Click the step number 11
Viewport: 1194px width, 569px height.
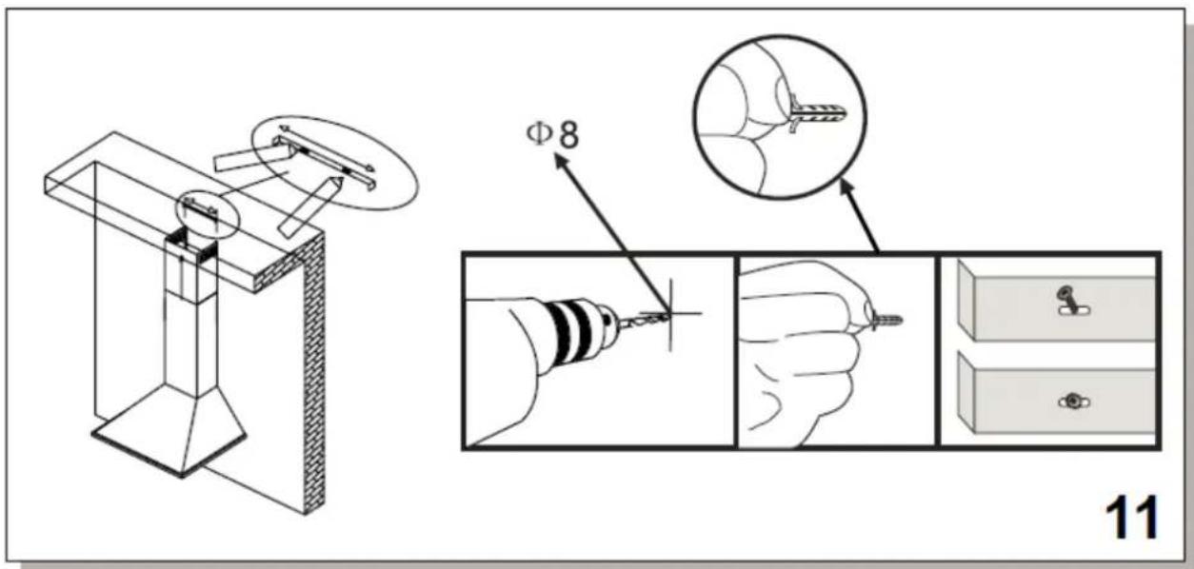point(1132,519)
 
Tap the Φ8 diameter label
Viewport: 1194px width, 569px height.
point(552,134)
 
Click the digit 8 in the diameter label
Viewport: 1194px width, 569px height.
point(568,135)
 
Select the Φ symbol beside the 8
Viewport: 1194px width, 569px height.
point(539,134)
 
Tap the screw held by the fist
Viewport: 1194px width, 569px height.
point(887,321)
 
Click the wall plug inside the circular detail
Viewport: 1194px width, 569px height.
point(818,113)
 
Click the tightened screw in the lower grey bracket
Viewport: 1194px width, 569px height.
point(1073,402)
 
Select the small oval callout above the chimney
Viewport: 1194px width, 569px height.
point(208,213)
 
